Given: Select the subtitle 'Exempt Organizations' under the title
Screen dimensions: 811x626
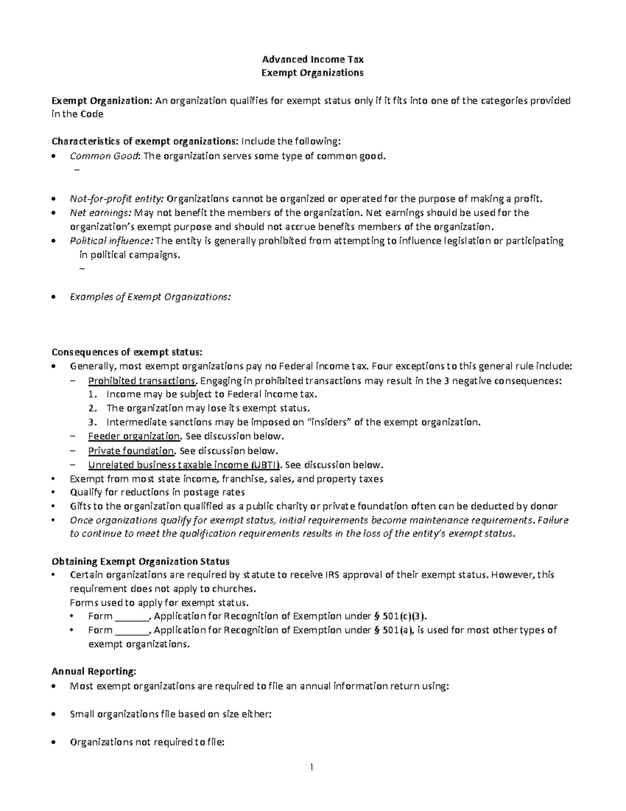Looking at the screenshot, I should (312, 73).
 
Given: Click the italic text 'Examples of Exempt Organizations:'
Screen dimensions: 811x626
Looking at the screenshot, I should (150, 297).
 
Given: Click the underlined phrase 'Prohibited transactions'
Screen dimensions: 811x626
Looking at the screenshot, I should (142, 380).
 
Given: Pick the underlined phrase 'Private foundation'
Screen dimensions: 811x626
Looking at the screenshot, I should (131, 450).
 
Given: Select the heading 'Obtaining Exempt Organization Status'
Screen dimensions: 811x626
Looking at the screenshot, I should (140, 561).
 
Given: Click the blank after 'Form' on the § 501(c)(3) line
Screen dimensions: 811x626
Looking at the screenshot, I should (131, 616).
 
